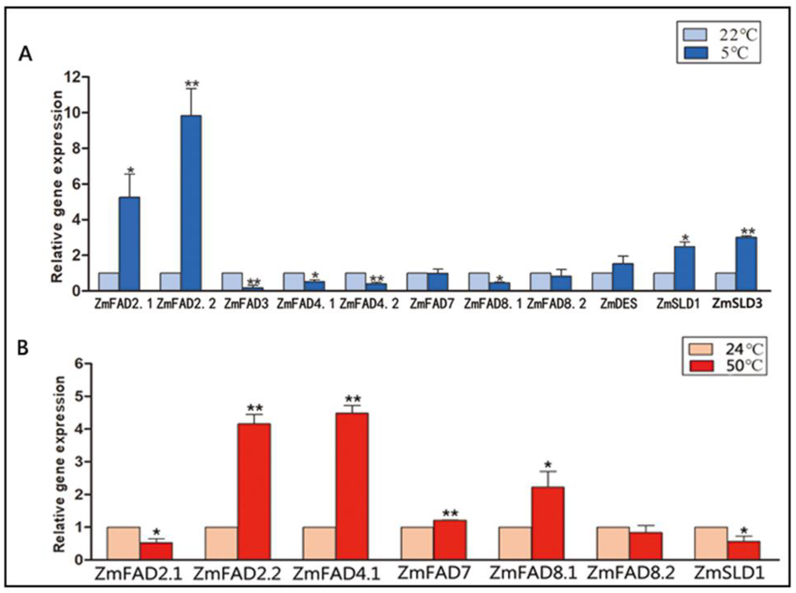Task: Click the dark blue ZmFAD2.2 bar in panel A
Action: pyautogui.click(x=191, y=203)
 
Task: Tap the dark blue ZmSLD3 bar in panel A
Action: pyautogui.click(x=746, y=263)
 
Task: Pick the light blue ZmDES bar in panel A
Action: pyautogui.click(x=602, y=282)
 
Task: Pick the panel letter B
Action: pyautogui.click(x=23, y=348)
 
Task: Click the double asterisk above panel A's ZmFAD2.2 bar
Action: pyautogui.click(x=192, y=84)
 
